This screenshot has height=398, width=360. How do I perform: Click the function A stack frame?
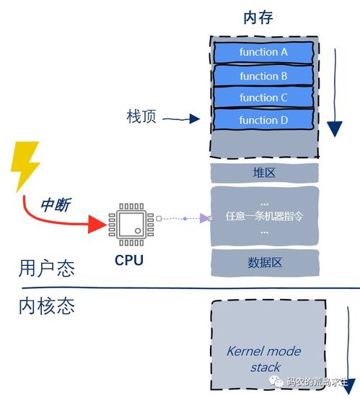pos(263,52)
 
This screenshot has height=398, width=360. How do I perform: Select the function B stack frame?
pos(263,75)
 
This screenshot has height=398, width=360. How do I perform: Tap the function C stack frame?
pos(263,98)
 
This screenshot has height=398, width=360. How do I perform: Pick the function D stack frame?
pos(263,120)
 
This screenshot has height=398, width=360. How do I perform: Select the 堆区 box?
pos(263,173)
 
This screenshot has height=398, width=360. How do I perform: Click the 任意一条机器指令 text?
pos(263,217)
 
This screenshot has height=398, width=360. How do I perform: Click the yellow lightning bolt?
pos(25,165)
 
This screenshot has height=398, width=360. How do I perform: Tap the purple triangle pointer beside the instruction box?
pos(204,218)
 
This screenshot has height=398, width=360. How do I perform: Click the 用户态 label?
pos(47,270)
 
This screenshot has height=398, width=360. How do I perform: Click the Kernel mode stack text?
pos(264,359)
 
